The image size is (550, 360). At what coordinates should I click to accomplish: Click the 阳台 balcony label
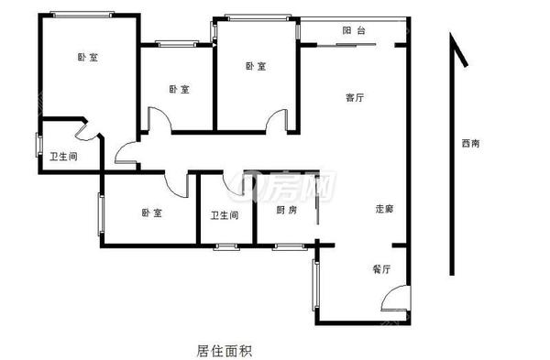(354, 31)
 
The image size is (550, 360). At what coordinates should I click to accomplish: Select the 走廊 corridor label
(384, 208)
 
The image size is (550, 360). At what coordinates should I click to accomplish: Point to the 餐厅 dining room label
(381, 269)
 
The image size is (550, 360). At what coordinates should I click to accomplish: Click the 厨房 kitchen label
(287, 210)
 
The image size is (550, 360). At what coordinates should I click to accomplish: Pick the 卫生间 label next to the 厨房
(225, 216)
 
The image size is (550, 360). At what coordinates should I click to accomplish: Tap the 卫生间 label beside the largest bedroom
(63, 157)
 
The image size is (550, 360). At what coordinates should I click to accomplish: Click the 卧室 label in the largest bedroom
(88, 57)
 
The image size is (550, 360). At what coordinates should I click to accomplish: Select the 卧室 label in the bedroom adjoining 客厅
(256, 66)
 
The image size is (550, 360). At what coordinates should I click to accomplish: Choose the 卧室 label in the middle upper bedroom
(180, 89)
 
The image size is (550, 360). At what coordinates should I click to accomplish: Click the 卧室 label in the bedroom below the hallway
(151, 213)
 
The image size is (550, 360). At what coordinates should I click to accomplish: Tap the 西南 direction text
(471, 144)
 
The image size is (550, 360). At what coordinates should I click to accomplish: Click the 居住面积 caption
(225, 349)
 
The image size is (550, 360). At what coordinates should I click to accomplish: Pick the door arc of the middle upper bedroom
(156, 119)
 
